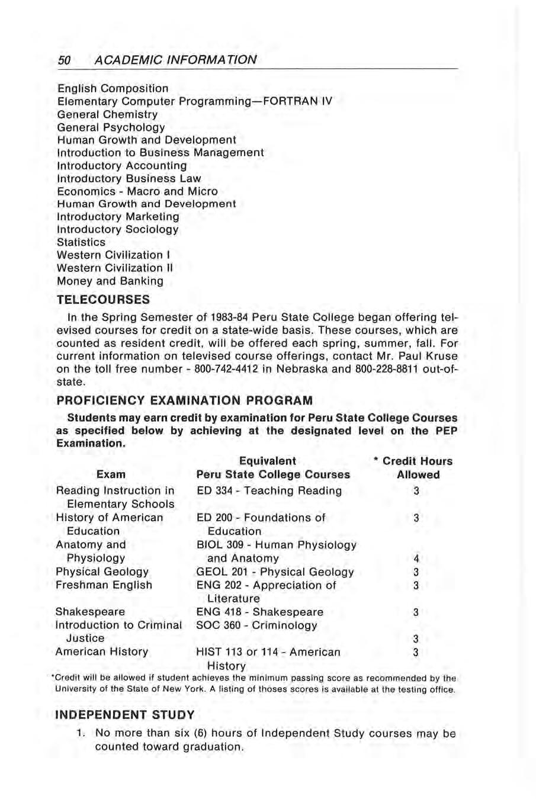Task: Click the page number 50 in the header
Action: [64, 60]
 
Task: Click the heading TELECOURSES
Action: [103, 300]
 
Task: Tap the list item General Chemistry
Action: [107, 114]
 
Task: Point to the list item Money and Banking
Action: [110, 281]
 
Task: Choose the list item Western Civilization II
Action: [115, 268]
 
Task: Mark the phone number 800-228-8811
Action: [387, 369]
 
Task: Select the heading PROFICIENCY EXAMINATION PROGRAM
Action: [184, 400]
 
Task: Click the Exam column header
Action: [111, 474]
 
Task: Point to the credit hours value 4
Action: [416, 559]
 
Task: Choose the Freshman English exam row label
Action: [104, 585]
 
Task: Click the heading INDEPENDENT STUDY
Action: [124, 715]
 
